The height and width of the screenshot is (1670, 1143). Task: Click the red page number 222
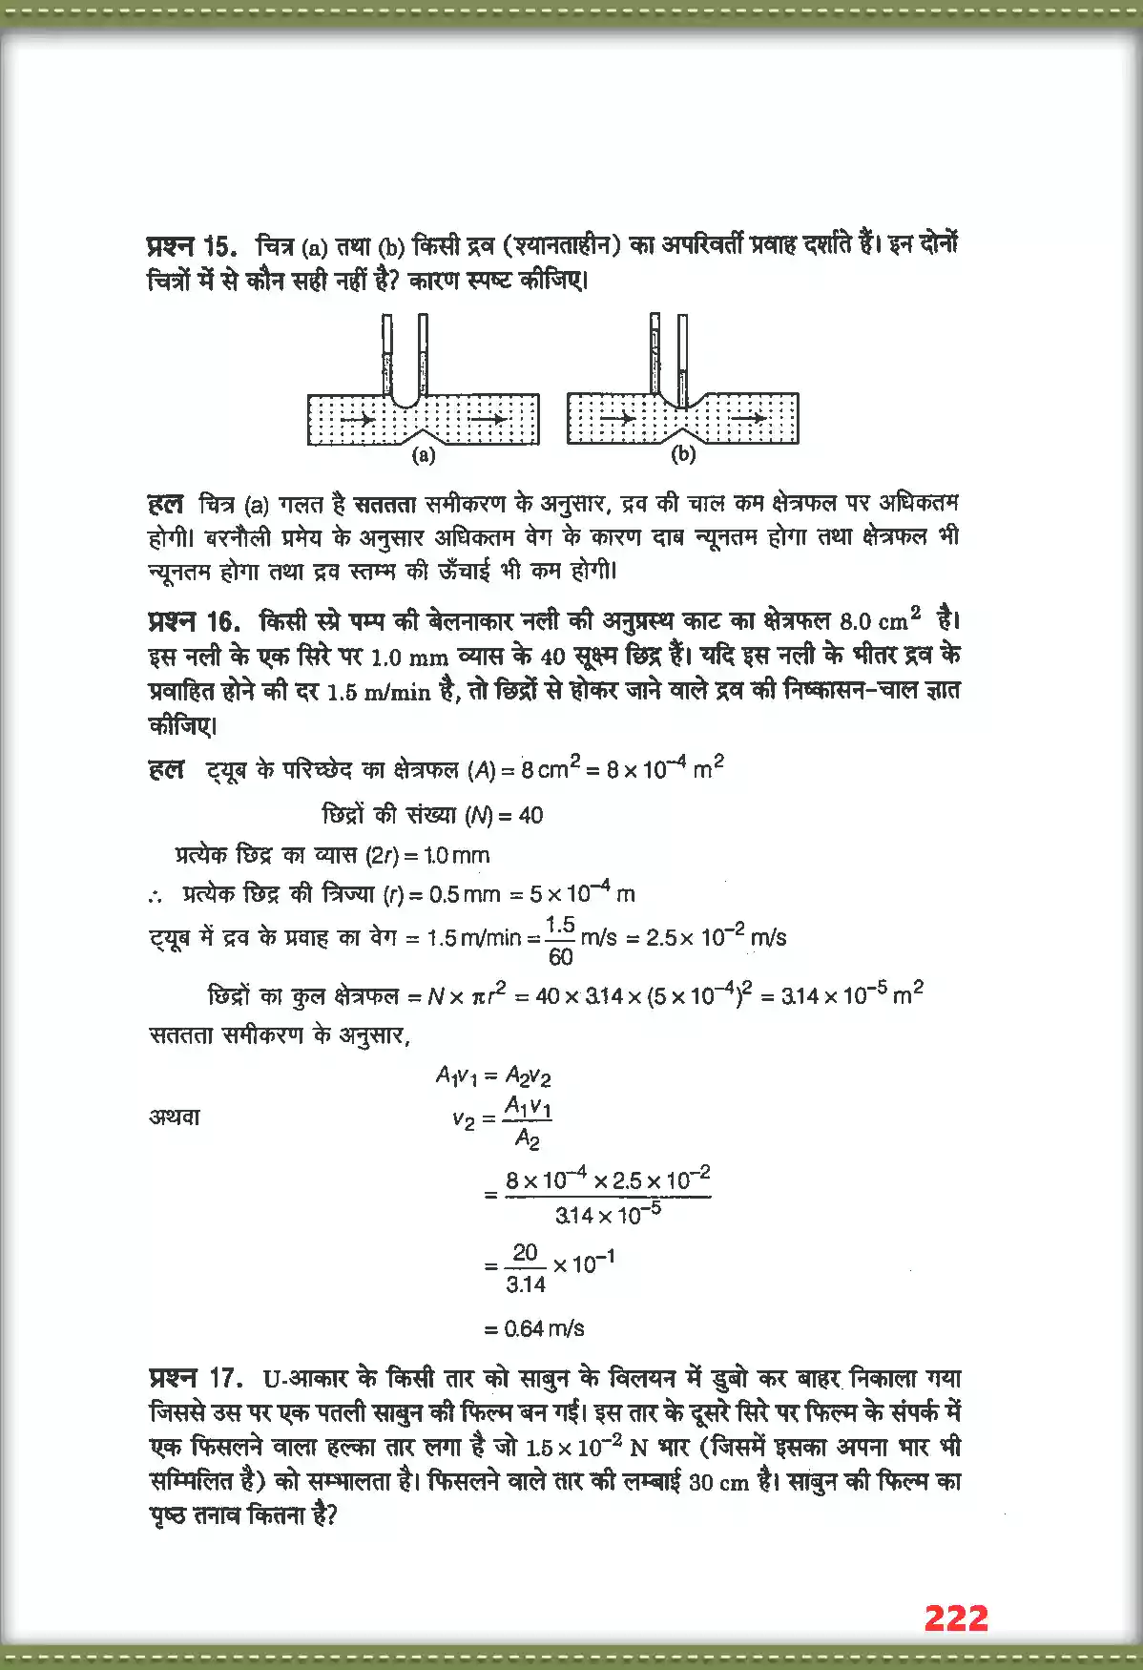(956, 1618)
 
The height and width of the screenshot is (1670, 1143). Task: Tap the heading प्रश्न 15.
(192, 246)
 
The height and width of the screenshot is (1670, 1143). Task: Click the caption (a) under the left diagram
(424, 455)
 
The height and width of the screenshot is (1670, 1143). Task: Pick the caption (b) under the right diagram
(683, 455)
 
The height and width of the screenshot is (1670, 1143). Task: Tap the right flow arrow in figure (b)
(748, 418)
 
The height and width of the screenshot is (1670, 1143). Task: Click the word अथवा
(175, 1117)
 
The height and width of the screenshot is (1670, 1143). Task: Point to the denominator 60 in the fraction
(561, 956)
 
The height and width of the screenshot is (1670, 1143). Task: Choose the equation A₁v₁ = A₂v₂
(493, 1076)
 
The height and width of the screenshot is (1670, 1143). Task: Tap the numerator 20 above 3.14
(526, 1252)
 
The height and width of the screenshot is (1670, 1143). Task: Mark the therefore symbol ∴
(156, 895)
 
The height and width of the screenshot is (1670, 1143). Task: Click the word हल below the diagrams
(166, 504)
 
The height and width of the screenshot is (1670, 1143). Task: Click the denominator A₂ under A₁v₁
(527, 1138)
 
